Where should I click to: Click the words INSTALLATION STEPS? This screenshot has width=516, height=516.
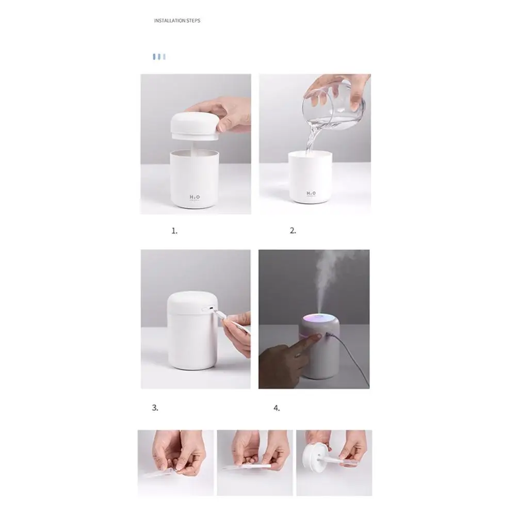pos(177,21)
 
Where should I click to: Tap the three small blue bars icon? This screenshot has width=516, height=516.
pos(159,56)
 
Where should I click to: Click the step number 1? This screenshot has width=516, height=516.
pos(174,231)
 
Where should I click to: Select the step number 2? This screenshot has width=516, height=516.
pos(293,231)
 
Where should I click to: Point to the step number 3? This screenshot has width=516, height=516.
pos(155,408)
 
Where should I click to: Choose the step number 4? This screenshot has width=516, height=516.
pos(277,408)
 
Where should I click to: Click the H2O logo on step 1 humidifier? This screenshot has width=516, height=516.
pos(195,197)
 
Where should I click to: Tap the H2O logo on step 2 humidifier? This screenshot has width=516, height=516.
pos(311,193)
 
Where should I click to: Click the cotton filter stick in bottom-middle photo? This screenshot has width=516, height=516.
pos(248,467)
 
